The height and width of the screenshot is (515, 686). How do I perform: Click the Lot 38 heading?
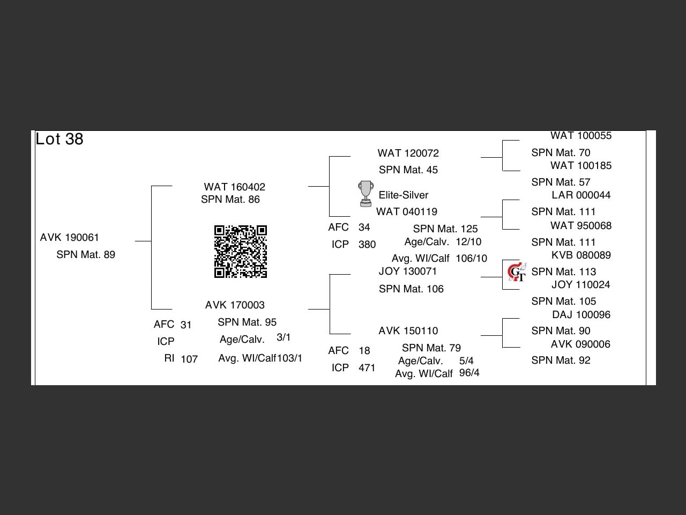pos(59,139)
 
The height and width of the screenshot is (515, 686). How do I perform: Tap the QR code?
pos(241,252)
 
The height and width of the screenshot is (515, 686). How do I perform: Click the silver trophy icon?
pos(366,194)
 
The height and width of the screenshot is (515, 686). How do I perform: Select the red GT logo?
pos(517,272)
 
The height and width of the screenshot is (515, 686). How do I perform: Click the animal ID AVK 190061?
pos(70,237)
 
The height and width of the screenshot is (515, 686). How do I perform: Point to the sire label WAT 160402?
pos(235,187)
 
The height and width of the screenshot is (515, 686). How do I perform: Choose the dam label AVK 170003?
pos(235,305)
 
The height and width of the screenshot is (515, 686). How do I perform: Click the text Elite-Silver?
pos(404,195)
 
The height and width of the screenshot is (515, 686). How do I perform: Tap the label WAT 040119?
pos(407,211)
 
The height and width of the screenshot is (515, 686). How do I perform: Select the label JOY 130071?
pos(408,271)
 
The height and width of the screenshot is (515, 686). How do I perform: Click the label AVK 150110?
pos(408,330)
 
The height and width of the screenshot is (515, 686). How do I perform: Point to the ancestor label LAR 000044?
pos(581,195)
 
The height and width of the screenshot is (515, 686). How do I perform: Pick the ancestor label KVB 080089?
pos(581,255)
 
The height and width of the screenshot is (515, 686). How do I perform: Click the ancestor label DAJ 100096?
pos(581,314)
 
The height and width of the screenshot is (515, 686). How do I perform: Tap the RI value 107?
pos(189,359)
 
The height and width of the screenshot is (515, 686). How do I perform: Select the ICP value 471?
pos(367,367)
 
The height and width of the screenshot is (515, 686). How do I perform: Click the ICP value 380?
pos(367,244)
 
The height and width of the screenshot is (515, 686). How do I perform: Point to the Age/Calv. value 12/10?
pos(468,241)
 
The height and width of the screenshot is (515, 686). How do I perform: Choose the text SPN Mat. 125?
pos(445,229)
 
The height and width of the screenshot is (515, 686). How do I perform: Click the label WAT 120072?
pos(408,153)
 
